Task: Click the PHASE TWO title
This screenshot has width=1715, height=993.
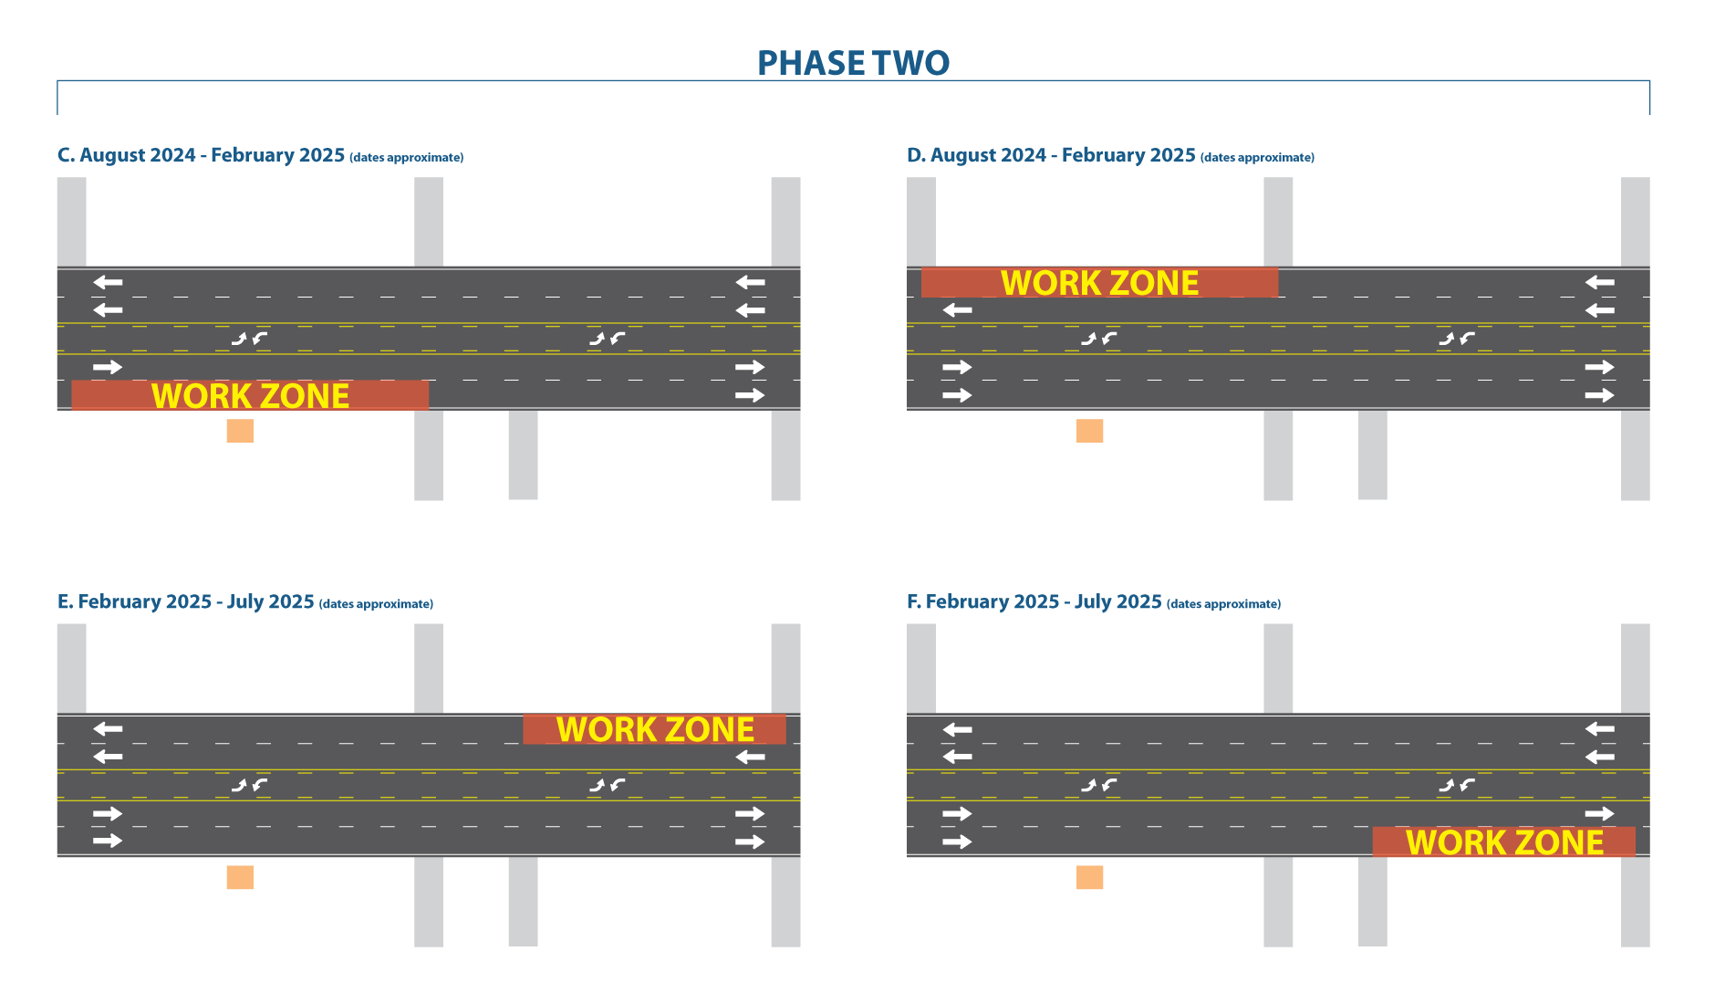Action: tap(853, 63)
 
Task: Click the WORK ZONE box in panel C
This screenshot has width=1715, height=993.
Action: tap(250, 395)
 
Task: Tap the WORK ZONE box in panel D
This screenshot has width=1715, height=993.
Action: tap(1099, 283)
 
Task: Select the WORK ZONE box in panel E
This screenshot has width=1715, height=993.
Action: tap(654, 729)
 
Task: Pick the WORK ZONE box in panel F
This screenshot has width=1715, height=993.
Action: tap(1503, 841)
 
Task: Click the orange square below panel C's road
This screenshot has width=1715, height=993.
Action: tap(240, 431)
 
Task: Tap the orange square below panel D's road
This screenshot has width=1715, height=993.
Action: tap(1090, 431)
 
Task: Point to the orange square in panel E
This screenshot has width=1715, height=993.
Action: tap(240, 877)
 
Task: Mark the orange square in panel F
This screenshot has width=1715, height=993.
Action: tap(1090, 877)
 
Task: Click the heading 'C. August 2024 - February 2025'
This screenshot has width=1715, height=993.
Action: tap(202, 155)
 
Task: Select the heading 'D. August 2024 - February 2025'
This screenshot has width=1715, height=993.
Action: tap(1051, 155)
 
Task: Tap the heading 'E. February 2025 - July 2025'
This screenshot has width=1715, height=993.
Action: tap(186, 602)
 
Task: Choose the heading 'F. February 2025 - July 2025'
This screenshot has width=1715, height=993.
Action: tap(1034, 602)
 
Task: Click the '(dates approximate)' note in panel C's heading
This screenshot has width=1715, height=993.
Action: tap(407, 158)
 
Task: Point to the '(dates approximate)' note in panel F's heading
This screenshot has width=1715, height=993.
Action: tap(1224, 604)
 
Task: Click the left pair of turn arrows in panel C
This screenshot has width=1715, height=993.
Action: tap(249, 339)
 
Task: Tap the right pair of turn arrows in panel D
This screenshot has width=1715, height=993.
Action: tap(1457, 339)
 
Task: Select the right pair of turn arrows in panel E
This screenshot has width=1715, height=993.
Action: tap(607, 785)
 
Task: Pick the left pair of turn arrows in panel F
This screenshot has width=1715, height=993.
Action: tap(1099, 785)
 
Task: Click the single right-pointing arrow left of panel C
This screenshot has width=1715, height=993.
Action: tap(107, 367)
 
